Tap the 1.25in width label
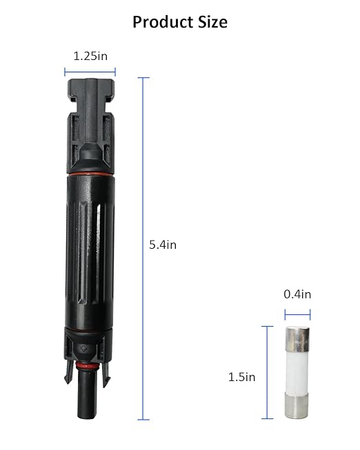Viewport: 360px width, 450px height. tap(90, 56)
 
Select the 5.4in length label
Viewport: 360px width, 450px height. tap(163, 245)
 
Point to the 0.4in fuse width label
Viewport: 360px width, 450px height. tap(297, 294)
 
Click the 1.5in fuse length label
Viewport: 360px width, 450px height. tap(241, 377)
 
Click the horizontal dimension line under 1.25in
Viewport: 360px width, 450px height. tap(90, 72)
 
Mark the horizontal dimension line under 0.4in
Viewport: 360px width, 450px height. tap(298, 314)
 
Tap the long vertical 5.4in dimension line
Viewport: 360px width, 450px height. tap(143, 249)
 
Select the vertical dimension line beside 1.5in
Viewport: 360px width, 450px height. tap(268, 372)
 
